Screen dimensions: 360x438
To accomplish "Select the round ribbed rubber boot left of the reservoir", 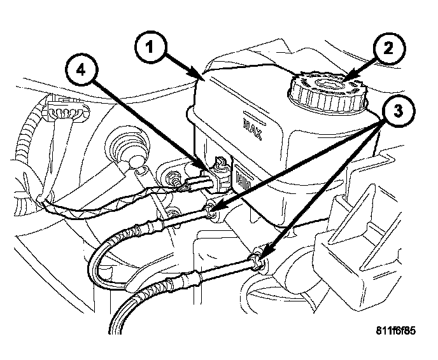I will coord(129,153).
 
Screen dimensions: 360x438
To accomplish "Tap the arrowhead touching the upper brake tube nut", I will coord(214,207).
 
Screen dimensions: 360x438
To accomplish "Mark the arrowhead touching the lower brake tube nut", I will coord(264,254).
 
